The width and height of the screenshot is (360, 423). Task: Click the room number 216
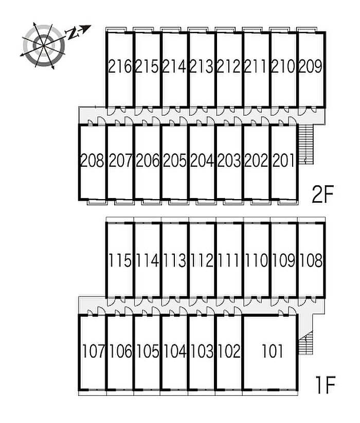click(x=120, y=66)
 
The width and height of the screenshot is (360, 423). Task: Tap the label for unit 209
click(x=311, y=66)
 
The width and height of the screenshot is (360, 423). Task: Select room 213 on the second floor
click(x=202, y=66)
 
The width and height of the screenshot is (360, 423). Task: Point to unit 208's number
click(x=92, y=161)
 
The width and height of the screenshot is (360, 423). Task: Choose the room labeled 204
click(x=202, y=161)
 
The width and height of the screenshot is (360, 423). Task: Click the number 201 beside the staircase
click(x=283, y=161)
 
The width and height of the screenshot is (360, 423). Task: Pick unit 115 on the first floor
click(x=120, y=260)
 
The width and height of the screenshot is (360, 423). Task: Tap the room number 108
click(x=311, y=260)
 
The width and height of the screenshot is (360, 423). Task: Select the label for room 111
click(x=229, y=260)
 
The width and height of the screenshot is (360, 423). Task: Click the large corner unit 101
click(x=273, y=351)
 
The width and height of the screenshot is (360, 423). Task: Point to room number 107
click(x=93, y=351)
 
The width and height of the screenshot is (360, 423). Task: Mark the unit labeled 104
click(x=175, y=351)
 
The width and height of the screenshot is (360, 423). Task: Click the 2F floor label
click(x=323, y=194)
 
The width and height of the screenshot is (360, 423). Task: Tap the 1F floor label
click(x=326, y=385)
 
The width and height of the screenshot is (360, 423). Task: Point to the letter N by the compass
click(x=71, y=33)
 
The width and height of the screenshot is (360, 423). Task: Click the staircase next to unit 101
click(x=305, y=343)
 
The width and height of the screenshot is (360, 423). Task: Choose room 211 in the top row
click(x=256, y=66)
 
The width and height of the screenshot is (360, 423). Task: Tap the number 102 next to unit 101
click(x=229, y=351)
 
